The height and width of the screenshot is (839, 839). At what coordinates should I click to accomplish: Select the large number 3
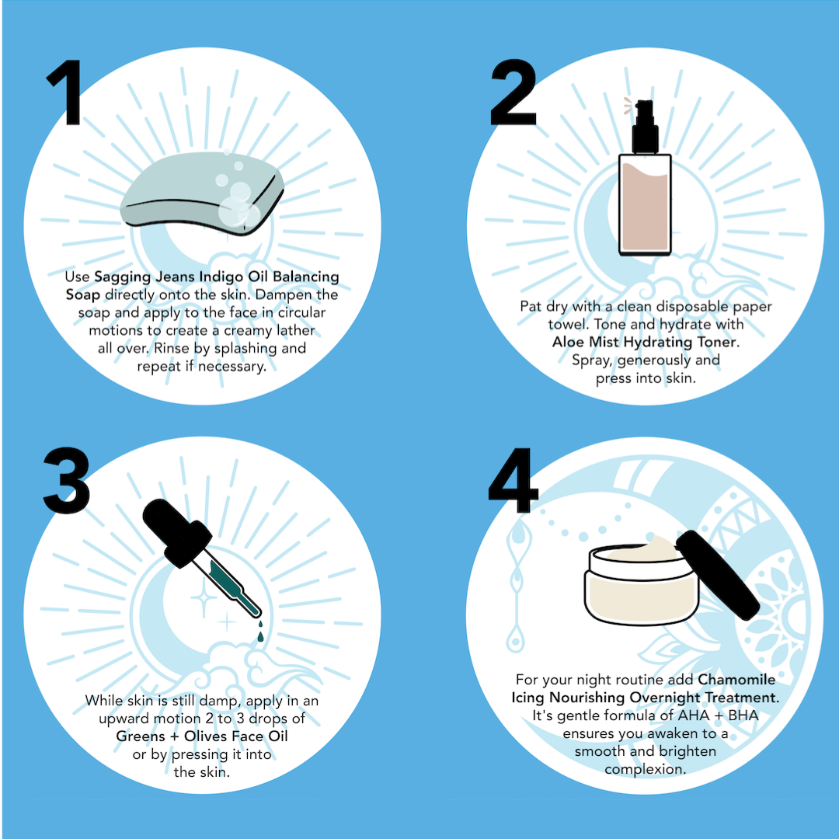[x=66, y=481]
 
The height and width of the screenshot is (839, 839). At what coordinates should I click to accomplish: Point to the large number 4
[x=513, y=481]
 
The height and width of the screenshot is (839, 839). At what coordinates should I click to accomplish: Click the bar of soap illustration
[x=202, y=193]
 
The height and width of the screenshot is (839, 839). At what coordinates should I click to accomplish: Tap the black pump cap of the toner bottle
[x=645, y=127]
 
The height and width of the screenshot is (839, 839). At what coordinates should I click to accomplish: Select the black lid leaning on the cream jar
[x=718, y=575]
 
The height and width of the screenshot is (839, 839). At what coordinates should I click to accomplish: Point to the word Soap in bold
[x=83, y=295]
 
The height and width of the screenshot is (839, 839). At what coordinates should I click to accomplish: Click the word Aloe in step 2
[x=568, y=342]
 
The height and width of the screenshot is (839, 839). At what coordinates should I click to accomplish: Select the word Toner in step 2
[x=718, y=342]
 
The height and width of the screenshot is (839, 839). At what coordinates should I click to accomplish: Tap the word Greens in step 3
[x=141, y=736]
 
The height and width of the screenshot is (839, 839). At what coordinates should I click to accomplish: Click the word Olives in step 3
[x=205, y=736]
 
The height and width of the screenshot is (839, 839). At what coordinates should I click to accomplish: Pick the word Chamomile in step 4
[x=736, y=680]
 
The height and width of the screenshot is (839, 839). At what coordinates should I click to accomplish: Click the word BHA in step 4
[x=743, y=715]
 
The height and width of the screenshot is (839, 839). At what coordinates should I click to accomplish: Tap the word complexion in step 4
[x=646, y=770]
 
